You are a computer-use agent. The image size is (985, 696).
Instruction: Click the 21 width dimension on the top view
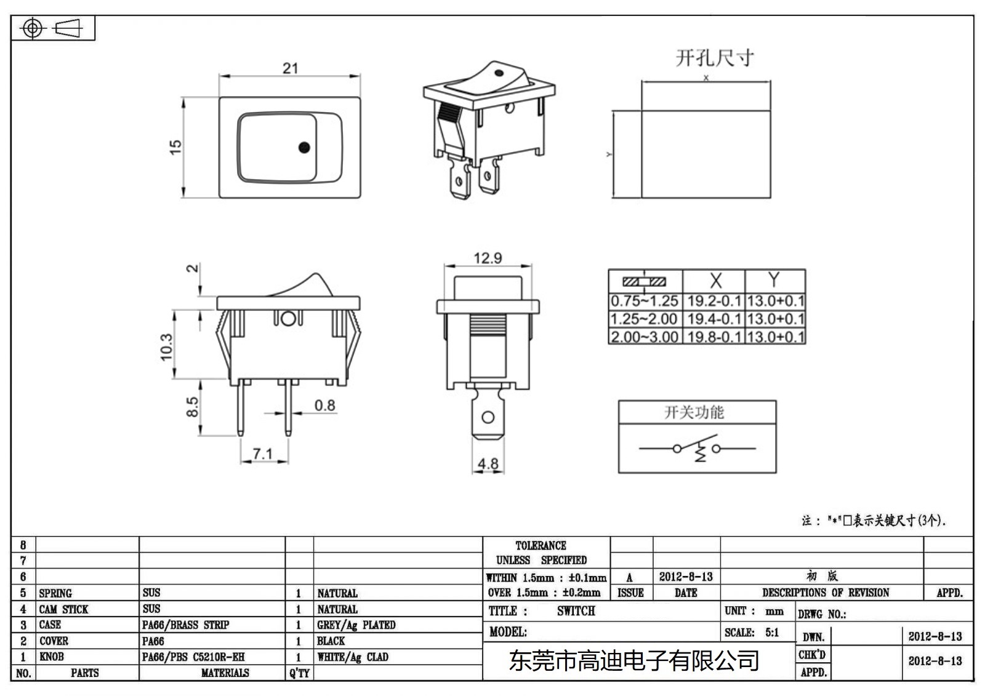[290, 68]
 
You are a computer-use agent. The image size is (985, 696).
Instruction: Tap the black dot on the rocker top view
[304, 148]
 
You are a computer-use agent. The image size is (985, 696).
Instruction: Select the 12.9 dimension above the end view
[488, 258]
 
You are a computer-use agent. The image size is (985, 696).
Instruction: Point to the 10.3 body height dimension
[166, 347]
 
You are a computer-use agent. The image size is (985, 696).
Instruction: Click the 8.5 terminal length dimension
[192, 407]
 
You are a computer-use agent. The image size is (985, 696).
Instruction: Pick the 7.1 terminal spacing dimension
[263, 454]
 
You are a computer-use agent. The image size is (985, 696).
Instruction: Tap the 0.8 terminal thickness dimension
[324, 406]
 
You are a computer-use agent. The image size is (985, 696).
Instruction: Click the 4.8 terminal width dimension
[488, 463]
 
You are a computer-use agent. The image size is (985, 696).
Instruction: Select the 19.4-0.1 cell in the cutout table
[714, 319]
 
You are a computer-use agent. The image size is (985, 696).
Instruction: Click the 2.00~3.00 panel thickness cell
[645, 337]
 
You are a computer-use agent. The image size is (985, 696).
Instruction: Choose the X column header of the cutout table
[715, 281]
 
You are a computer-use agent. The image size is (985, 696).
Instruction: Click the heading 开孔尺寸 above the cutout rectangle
[714, 58]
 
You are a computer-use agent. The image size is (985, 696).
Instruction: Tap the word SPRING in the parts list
[55, 593]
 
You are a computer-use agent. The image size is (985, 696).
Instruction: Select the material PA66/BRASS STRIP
[185, 625]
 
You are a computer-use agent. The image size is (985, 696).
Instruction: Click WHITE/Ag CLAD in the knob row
[353, 657]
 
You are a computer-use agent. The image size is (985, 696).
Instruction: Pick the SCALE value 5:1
[772, 633]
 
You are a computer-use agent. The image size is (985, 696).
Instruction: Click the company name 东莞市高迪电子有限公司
[633, 662]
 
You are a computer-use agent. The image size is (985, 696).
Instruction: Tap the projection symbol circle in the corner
[33, 28]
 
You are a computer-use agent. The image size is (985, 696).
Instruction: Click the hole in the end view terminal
[488, 418]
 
